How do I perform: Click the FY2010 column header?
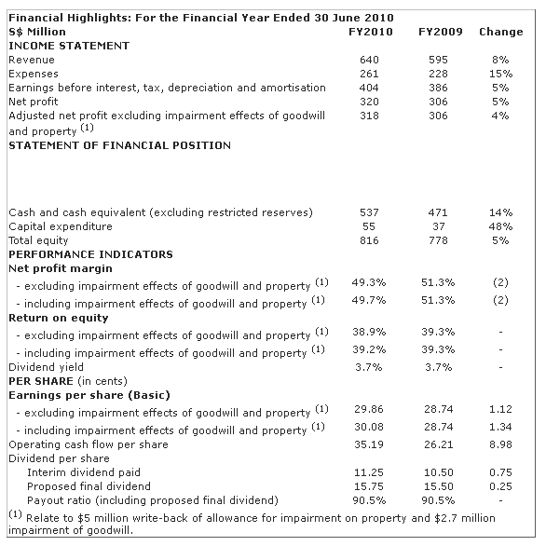click(x=371, y=32)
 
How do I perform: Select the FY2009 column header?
click(x=440, y=32)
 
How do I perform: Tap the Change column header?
click(x=500, y=32)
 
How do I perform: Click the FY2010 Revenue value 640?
click(x=369, y=60)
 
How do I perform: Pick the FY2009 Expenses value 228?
click(x=438, y=74)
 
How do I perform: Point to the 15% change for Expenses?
click(x=500, y=74)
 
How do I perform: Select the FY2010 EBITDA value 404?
click(x=369, y=88)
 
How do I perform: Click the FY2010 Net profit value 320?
click(x=369, y=102)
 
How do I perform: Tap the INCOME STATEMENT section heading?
click(x=69, y=46)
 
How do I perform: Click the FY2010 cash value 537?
click(x=369, y=212)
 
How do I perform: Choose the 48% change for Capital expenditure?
click(x=500, y=226)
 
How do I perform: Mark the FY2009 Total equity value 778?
click(x=438, y=240)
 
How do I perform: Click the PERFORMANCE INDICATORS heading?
click(x=90, y=254)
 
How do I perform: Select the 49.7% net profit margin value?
click(x=369, y=300)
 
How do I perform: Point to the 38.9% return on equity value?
click(x=369, y=332)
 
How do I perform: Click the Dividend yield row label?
click(x=46, y=367)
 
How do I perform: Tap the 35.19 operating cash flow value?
click(x=369, y=444)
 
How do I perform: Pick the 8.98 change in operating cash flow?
click(x=500, y=444)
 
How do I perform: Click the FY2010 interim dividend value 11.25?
click(x=369, y=472)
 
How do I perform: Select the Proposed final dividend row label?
click(x=89, y=486)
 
